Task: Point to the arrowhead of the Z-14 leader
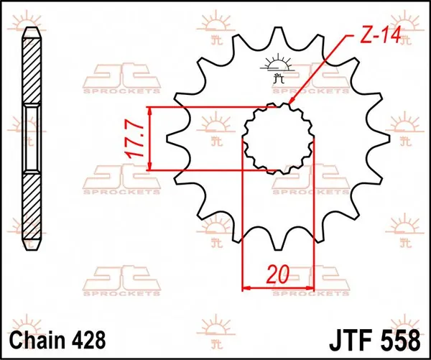click(293, 105)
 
